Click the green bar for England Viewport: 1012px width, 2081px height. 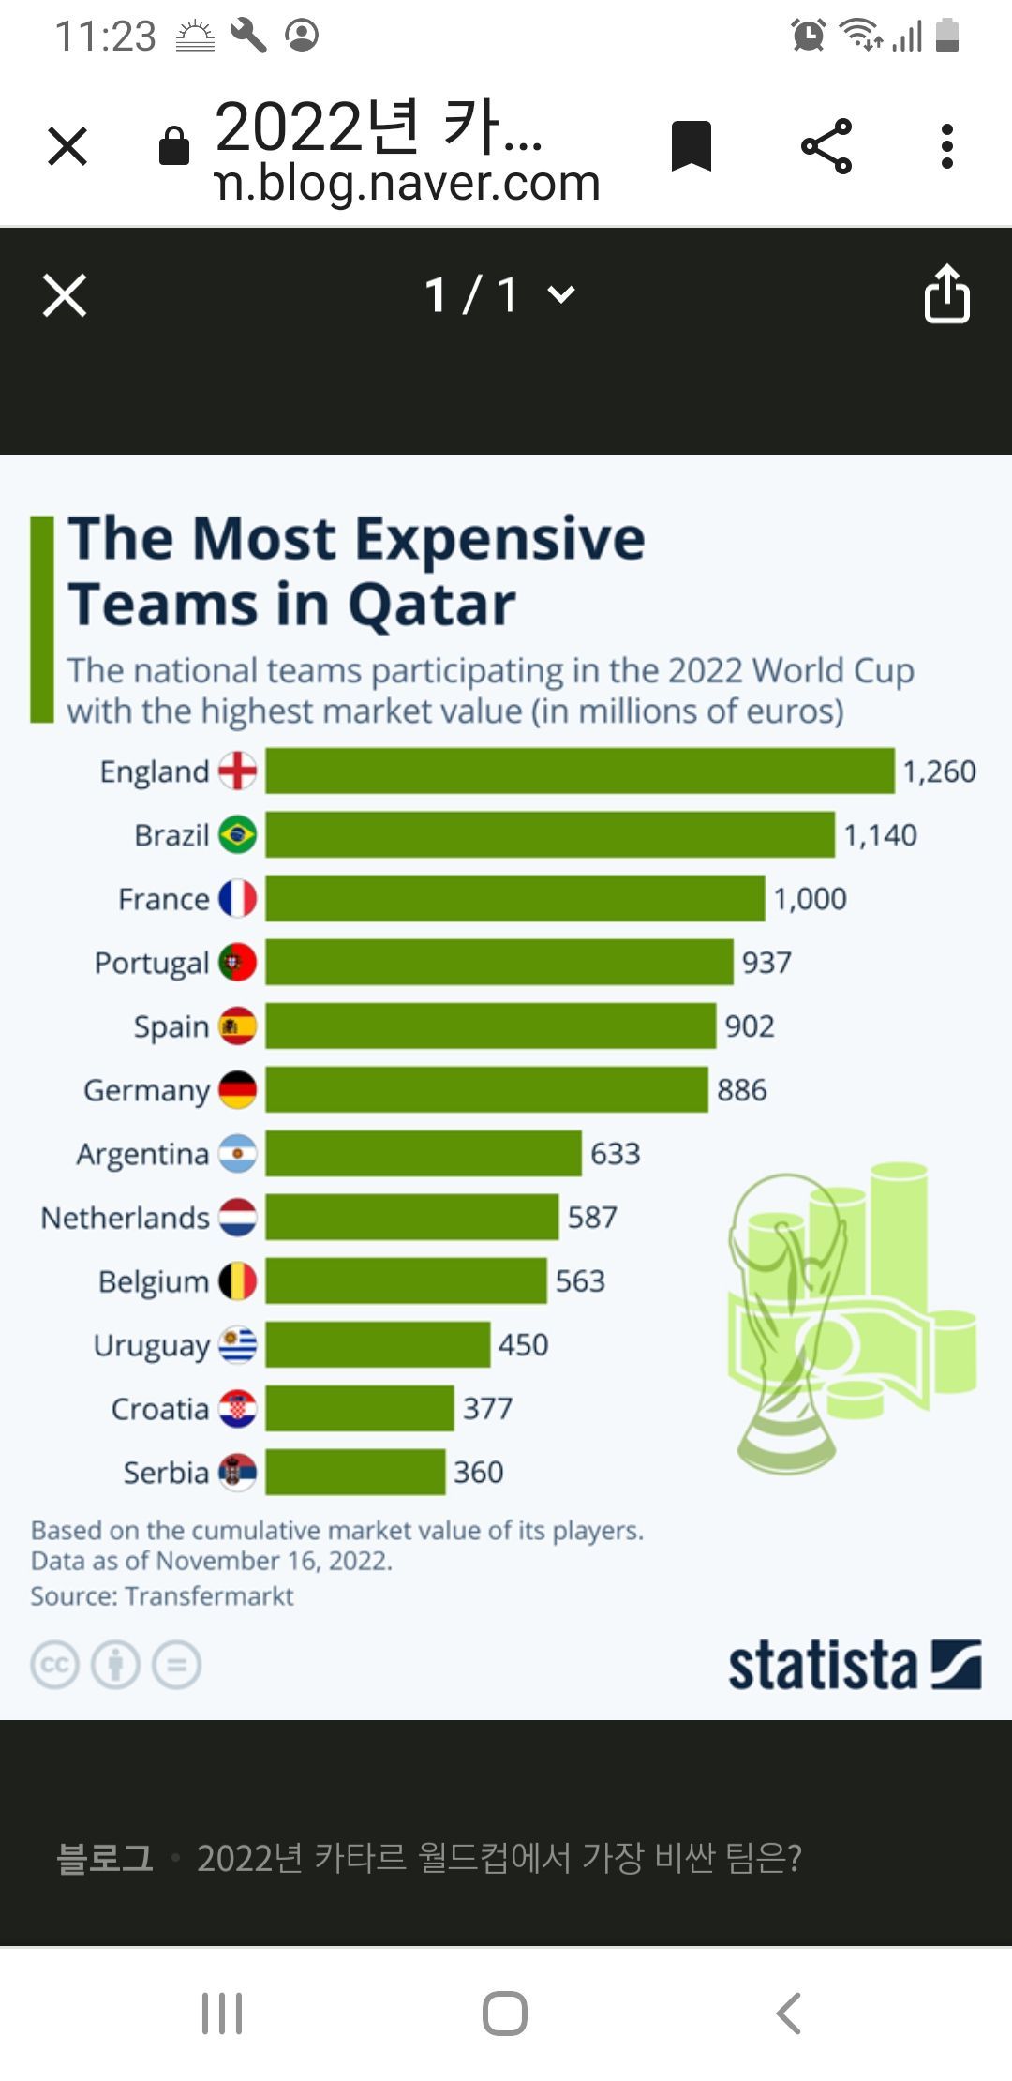(579, 771)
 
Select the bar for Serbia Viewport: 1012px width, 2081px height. (355, 1472)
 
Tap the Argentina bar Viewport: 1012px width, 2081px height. (423, 1153)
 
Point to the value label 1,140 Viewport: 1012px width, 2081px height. (880, 835)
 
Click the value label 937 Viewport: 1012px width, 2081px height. (766, 963)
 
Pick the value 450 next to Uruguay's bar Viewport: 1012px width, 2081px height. (523, 1345)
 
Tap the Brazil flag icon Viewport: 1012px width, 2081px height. (237, 834)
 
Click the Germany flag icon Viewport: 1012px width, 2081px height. (237, 1090)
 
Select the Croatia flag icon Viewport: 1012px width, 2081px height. (237, 1409)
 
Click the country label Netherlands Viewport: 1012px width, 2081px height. (125, 1218)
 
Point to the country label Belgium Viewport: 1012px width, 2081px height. (153, 1281)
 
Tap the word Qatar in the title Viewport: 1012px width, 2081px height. (432, 605)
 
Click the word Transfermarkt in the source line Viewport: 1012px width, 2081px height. (209, 1595)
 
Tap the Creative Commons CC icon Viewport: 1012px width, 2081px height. (54, 1666)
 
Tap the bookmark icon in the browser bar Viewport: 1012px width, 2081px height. (692, 146)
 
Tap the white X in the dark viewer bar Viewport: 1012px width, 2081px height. (65, 295)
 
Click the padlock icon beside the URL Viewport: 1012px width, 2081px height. (174, 146)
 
